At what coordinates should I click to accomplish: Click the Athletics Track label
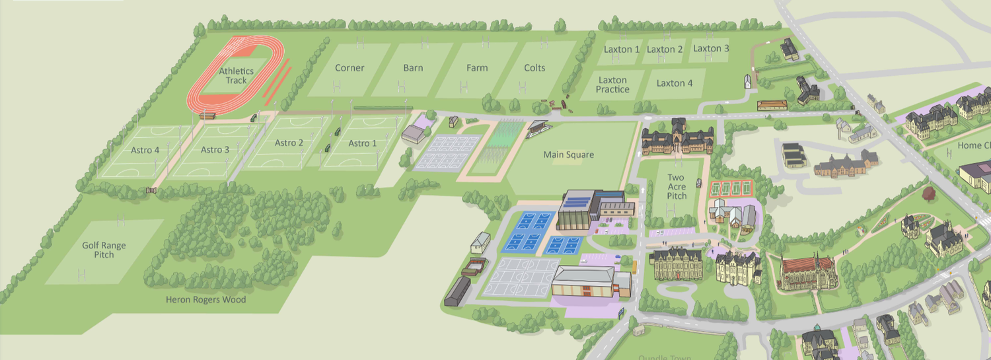(236, 76)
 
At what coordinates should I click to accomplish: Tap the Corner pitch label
(349, 68)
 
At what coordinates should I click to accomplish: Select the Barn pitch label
(413, 68)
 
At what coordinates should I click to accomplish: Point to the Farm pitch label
(477, 68)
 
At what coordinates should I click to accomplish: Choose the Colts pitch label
(534, 68)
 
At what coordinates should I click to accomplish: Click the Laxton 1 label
(622, 50)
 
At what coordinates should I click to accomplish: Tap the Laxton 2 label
(665, 50)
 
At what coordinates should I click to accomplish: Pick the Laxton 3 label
(711, 49)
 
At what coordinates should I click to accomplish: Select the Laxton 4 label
(675, 83)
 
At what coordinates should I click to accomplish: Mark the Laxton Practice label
(612, 85)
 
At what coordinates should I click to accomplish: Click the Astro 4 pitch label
(145, 150)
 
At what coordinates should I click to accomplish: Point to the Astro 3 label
(215, 150)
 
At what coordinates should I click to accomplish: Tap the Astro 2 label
(289, 143)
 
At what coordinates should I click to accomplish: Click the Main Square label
(568, 155)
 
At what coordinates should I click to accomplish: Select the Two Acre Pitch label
(676, 187)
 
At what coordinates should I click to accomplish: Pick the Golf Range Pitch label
(104, 250)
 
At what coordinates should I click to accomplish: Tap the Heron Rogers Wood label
(205, 300)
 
